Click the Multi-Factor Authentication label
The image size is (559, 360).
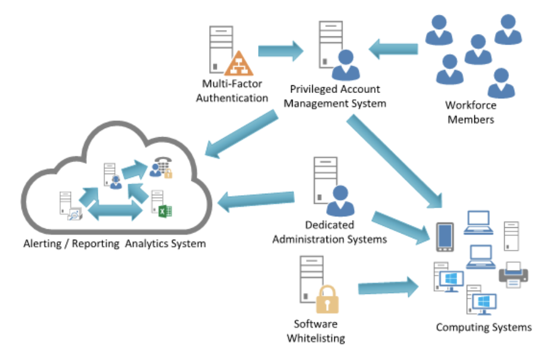[232, 91]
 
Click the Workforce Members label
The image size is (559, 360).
[470, 112]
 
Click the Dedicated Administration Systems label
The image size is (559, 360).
[330, 232]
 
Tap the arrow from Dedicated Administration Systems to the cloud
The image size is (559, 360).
[257, 201]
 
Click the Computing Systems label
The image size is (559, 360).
[483, 327]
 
